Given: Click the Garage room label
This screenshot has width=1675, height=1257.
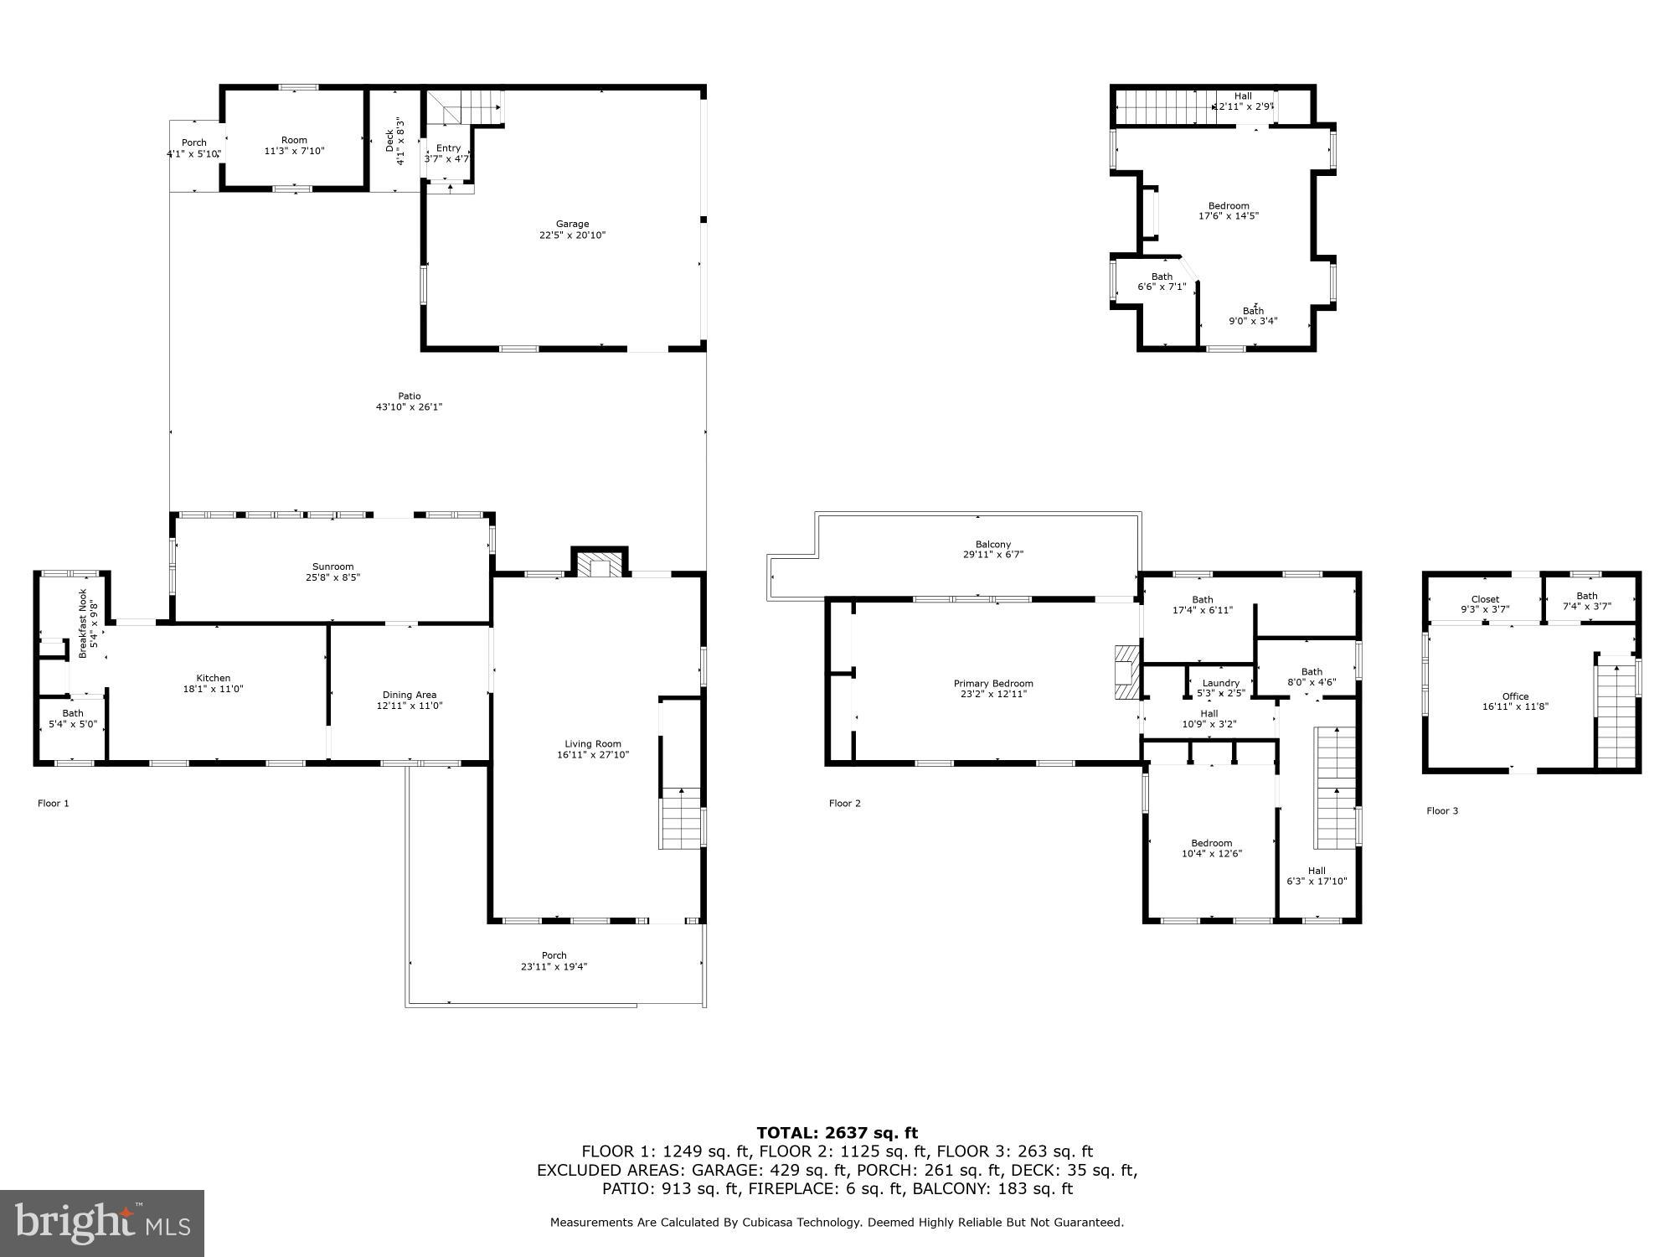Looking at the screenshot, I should tap(573, 225).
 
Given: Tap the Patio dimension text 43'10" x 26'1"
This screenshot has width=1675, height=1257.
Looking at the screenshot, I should tap(409, 407).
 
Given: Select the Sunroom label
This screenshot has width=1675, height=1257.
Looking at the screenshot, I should tap(333, 567).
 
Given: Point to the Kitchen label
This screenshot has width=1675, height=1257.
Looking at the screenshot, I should tap(213, 679).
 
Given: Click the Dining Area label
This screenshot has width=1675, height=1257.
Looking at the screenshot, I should tap(409, 695).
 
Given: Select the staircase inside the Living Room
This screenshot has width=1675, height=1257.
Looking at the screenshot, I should tap(681, 819).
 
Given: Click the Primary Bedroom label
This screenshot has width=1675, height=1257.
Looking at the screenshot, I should tap(993, 684).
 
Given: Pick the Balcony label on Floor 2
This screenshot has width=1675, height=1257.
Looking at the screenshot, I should tap(993, 545).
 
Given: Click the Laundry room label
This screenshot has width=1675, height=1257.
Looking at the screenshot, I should tap(1220, 683).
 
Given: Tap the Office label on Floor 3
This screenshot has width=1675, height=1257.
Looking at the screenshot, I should tap(1515, 696).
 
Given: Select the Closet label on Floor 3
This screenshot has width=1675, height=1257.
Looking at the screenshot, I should tap(1485, 599).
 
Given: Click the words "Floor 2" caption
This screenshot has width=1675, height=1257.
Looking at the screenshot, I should tap(844, 804).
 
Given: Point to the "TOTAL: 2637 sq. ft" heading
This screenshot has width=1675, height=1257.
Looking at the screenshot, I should tap(837, 1133).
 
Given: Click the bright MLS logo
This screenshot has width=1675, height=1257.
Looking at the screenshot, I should tap(102, 1223).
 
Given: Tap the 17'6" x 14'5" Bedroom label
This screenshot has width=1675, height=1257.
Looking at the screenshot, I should tap(1229, 206).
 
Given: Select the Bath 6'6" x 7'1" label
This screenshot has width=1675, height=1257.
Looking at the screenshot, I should tap(1162, 277).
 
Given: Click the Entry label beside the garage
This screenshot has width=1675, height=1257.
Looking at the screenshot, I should tap(448, 148).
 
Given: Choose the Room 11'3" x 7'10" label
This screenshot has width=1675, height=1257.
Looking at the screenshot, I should tap(294, 141).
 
